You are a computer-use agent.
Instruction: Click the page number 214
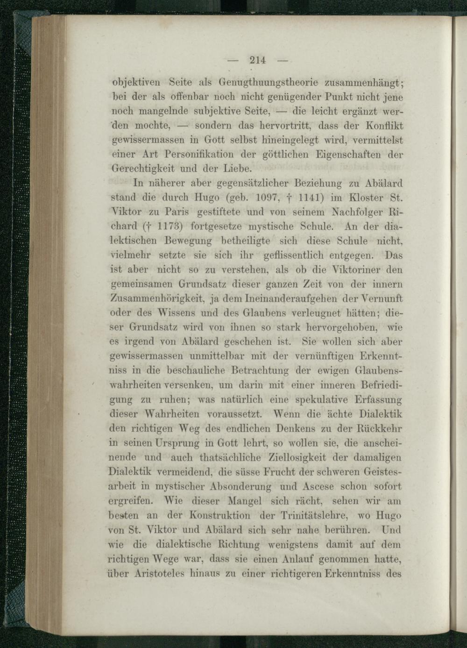coord(257,60)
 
